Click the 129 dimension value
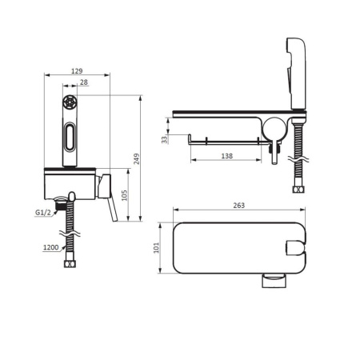(77, 71)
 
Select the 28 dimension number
(84, 82)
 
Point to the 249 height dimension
(136, 159)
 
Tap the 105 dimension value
(124, 195)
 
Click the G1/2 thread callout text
(43, 213)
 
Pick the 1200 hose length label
(51, 247)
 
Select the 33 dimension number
(165, 139)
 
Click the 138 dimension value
(226, 156)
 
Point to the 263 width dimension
(239, 206)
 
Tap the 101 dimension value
(156, 247)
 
